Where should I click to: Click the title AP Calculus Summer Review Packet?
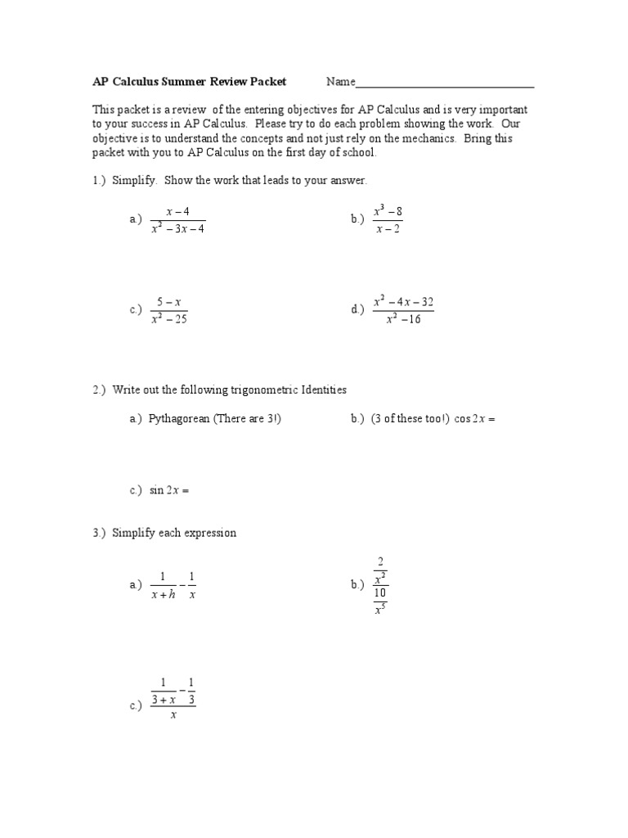click(189, 82)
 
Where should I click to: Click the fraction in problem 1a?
click(177, 220)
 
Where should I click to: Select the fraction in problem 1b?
click(388, 219)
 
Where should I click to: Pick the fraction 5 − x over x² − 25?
click(169, 310)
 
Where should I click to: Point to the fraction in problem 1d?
click(403, 310)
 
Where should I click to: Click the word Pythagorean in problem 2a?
click(182, 419)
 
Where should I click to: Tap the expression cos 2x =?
click(474, 419)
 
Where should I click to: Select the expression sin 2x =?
click(169, 490)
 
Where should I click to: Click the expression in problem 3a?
click(173, 586)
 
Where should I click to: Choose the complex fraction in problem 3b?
click(380, 586)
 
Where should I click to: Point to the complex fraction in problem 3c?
click(173, 698)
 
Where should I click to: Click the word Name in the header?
click(341, 82)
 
